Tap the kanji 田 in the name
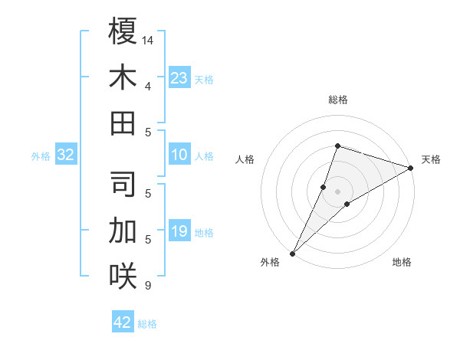(123, 123)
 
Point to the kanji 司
(123, 185)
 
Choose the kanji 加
(123, 230)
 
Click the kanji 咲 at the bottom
(123, 276)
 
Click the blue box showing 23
(179, 78)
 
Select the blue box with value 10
(179, 155)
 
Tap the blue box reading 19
(179, 231)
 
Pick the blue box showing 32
(66, 155)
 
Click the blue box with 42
(123, 322)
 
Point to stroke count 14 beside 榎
(149, 39)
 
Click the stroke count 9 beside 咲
(147, 286)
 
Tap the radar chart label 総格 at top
(338, 100)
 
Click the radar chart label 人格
(245, 159)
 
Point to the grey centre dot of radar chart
(338, 191)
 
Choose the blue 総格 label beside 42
(147, 324)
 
